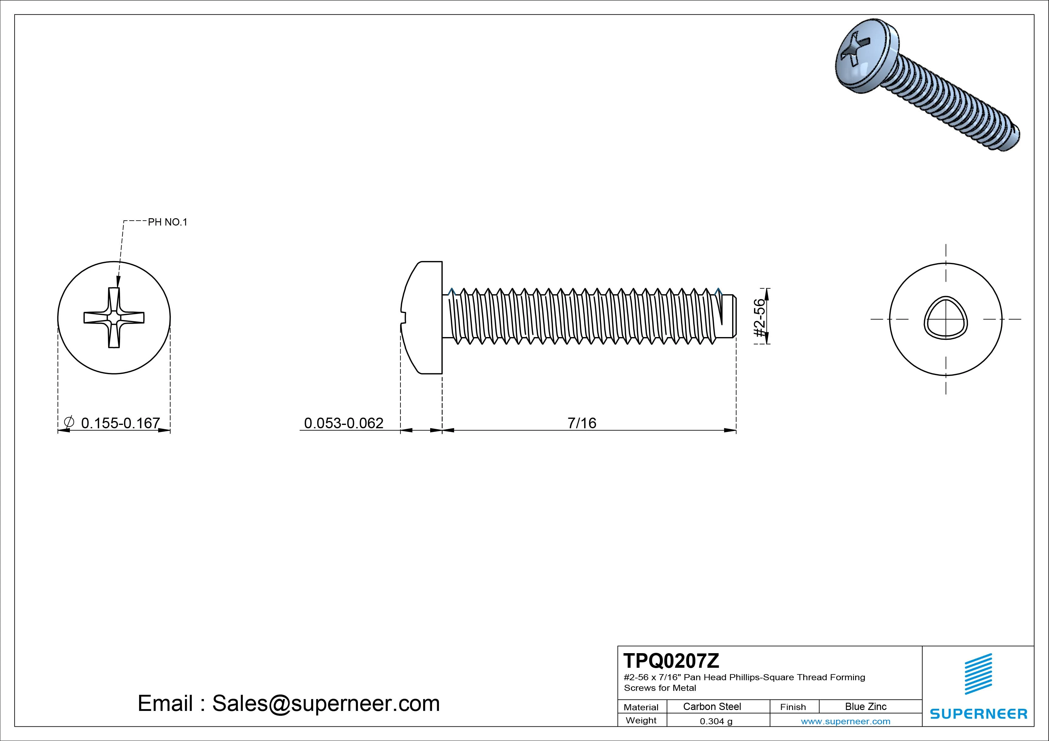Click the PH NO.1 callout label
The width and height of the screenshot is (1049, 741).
(x=167, y=222)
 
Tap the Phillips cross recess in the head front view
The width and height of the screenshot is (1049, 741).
(x=114, y=318)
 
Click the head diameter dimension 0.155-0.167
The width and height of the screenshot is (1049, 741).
(x=120, y=423)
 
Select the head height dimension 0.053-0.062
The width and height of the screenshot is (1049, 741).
(x=344, y=423)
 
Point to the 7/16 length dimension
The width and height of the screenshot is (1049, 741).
(x=581, y=423)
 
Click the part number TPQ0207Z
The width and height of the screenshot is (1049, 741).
(x=671, y=660)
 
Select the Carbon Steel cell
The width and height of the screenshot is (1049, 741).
(x=712, y=706)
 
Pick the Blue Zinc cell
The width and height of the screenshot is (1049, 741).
(x=865, y=706)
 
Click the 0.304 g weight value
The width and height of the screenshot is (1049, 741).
(x=716, y=721)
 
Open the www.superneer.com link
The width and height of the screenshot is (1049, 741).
(x=845, y=721)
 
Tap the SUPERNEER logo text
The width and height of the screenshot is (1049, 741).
(x=978, y=714)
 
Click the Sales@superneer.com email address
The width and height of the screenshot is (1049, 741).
(x=326, y=703)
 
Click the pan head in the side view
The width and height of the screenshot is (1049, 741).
(x=423, y=318)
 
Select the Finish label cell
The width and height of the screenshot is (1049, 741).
(x=793, y=707)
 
